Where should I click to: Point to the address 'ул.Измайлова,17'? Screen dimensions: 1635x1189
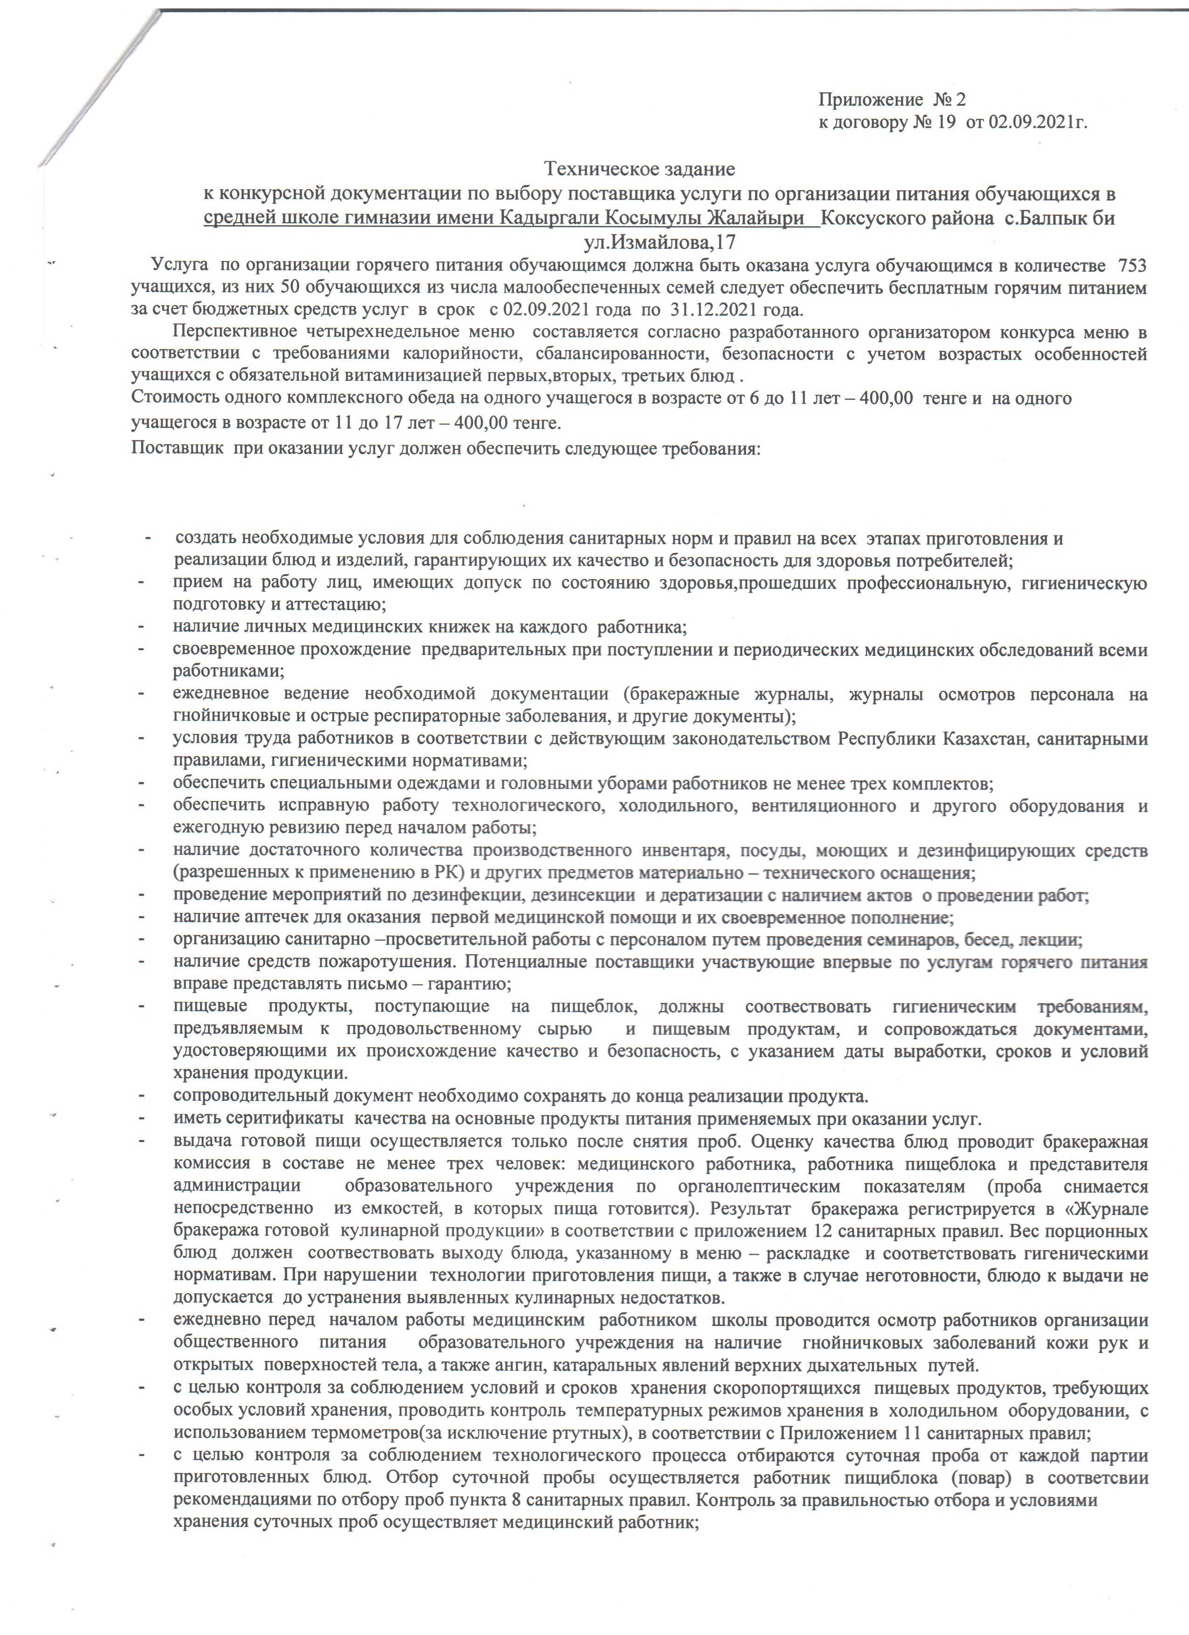click(659, 241)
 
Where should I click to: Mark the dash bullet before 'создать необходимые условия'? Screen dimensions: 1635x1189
click(149, 538)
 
